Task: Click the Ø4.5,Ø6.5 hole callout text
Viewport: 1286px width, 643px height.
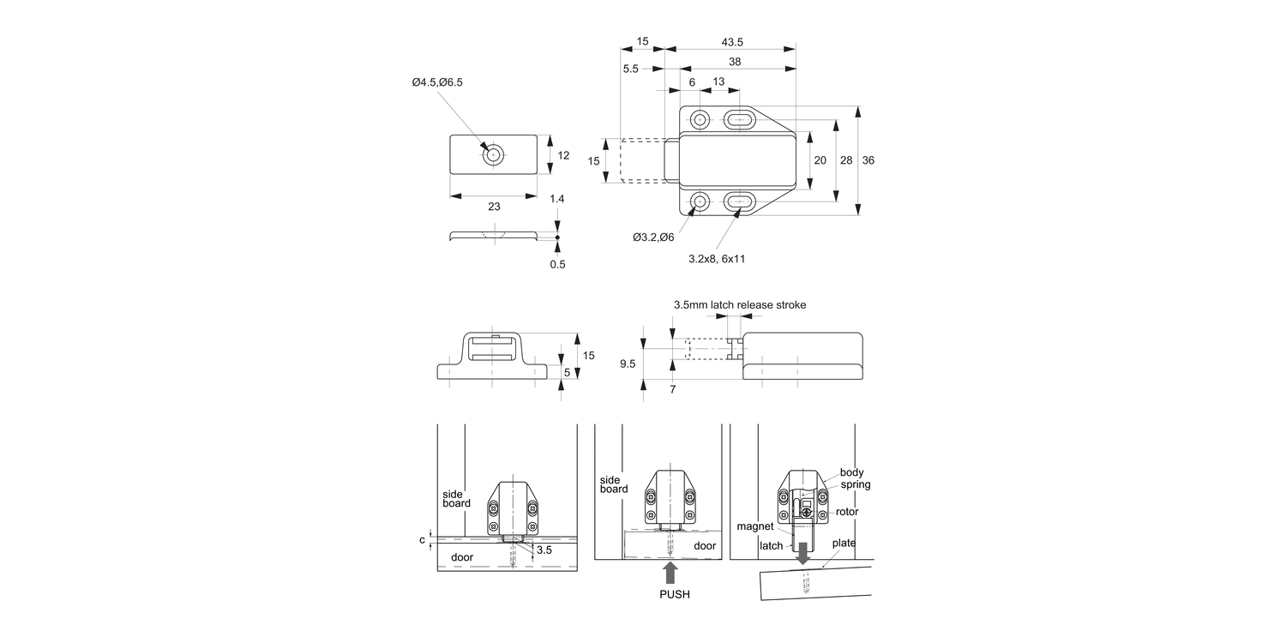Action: point(437,82)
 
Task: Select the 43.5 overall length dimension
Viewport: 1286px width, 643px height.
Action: point(732,42)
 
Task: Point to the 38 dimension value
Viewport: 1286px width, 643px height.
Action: point(735,62)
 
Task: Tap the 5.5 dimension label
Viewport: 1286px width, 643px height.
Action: point(630,69)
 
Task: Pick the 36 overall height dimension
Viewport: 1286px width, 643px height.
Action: point(868,160)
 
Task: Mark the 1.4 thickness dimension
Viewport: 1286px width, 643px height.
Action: point(557,199)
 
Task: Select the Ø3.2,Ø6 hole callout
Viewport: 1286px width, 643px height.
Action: point(653,237)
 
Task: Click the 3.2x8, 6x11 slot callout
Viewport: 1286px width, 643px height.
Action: point(717,257)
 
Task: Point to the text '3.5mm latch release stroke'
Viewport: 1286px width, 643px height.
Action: point(739,304)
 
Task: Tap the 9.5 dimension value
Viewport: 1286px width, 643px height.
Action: point(628,364)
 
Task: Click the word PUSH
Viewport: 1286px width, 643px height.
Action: point(674,594)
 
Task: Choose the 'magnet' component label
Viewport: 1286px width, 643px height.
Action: point(754,526)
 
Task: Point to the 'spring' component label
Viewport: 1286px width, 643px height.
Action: point(855,484)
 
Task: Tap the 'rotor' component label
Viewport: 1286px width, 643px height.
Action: point(847,512)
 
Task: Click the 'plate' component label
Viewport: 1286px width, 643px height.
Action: point(844,542)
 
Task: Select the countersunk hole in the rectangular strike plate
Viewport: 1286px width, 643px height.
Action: point(493,156)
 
